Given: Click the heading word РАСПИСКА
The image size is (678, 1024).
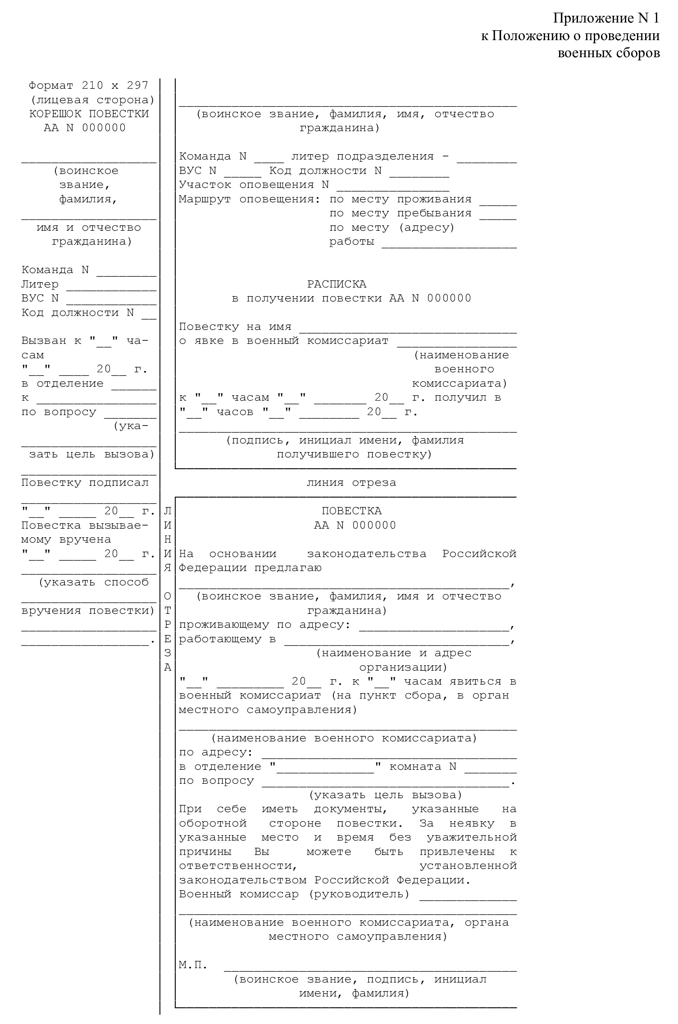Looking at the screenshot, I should (x=337, y=284).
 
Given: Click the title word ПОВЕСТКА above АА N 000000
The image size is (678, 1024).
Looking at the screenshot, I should (x=351, y=511).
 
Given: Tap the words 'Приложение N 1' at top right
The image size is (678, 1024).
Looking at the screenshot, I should (x=606, y=18).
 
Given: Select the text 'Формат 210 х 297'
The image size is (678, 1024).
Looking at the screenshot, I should (x=88, y=85).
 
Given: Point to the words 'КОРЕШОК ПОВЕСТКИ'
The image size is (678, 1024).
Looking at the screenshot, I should (x=89, y=114).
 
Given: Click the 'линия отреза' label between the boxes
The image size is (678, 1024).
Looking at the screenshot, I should (x=351, y=483).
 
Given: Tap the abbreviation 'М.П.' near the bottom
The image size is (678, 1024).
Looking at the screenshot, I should (x=193, y=965).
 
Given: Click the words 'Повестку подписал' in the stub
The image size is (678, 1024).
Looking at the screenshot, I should (x=85, y=483).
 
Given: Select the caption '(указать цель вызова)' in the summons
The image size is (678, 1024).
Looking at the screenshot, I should (x=385, y=795).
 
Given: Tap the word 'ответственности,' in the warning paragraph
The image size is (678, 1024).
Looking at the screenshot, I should (x=238, y=866).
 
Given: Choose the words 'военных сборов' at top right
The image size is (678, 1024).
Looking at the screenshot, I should (x=609, y=53).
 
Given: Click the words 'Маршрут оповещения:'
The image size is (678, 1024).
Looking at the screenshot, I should (x=249, y=199).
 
